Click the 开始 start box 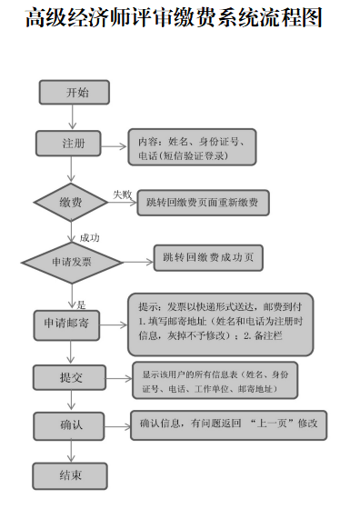(x=75, y=93)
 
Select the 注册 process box (x=73, y=144)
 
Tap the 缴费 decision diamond (x=71, y=202)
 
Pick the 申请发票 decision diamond (x=72, y=262)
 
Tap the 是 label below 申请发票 (x=81, y=304)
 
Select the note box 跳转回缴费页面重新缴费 (x=203, y=204)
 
